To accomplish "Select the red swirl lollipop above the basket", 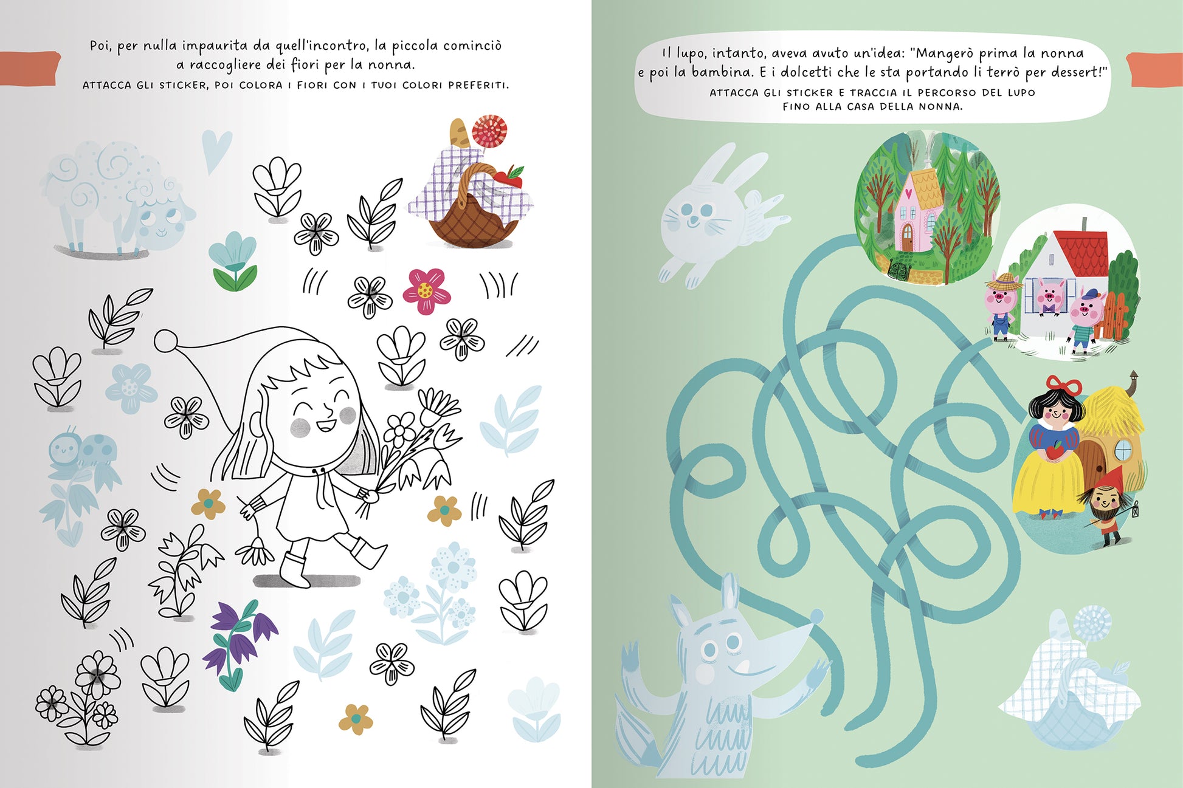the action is (x=489, y=131).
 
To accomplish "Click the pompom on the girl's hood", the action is (x=165, y=340).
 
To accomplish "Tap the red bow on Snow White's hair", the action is (x=1064, y=385).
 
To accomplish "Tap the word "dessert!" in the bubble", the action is (x=1079, y=72).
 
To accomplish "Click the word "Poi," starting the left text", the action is (x=102, y=46).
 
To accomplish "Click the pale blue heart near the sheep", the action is (x=216, y=150).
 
